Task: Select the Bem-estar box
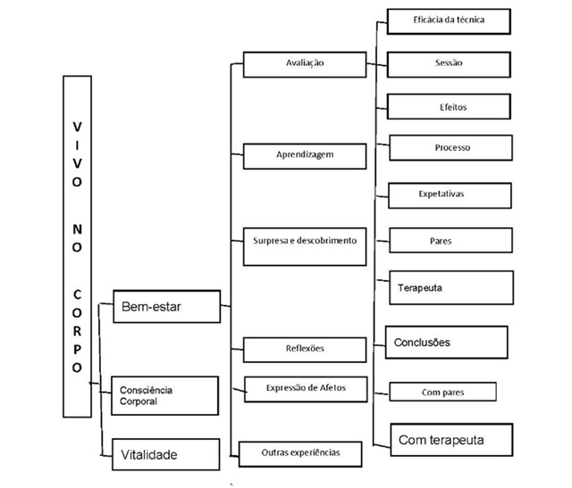(167, 307)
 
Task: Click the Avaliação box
(305, 64)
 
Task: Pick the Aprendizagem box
(305, 155)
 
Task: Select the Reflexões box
(305, 349)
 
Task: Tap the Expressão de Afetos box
(305, 387)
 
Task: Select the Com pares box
(442, 392)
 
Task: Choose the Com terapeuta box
(451, 439)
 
